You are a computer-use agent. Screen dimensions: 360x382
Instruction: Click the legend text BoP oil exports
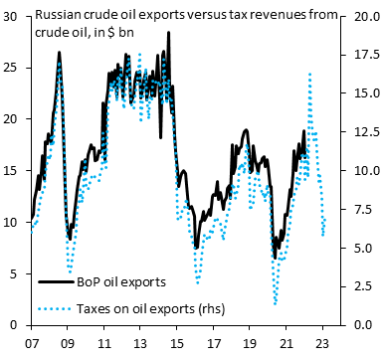point(121,282)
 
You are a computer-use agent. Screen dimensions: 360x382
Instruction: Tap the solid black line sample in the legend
point(56,282)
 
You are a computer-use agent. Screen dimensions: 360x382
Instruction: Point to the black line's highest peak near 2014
point(168,33)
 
